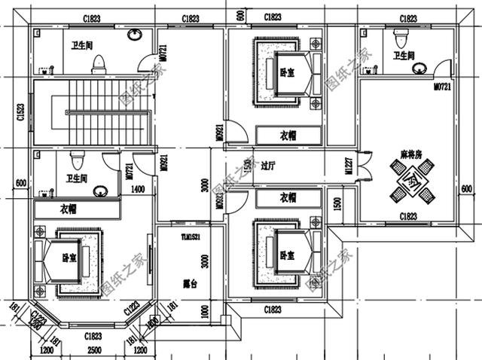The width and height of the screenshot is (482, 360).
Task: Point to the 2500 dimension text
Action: (x=94, y=351)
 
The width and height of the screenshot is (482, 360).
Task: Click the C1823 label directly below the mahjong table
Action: (x=409, y=217)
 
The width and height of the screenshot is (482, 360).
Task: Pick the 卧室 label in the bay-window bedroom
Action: (x=69, y=258)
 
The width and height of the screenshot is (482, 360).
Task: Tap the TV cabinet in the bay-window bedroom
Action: (x=151, y=260)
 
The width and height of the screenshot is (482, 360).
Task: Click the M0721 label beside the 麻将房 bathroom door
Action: (x=442, y=88)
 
